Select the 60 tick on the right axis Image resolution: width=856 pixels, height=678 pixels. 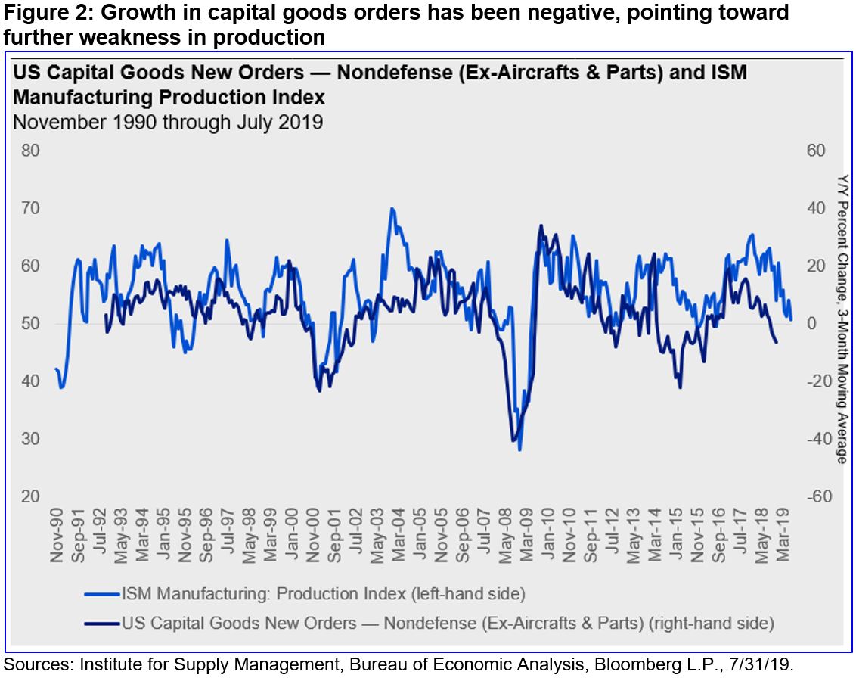(x=816, y=150)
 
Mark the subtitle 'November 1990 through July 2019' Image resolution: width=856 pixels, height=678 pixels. (x=168, y=122)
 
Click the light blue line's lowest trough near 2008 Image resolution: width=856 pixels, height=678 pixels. (x=519, y=450)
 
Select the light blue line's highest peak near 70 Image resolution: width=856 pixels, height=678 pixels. (x=391, y=208)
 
